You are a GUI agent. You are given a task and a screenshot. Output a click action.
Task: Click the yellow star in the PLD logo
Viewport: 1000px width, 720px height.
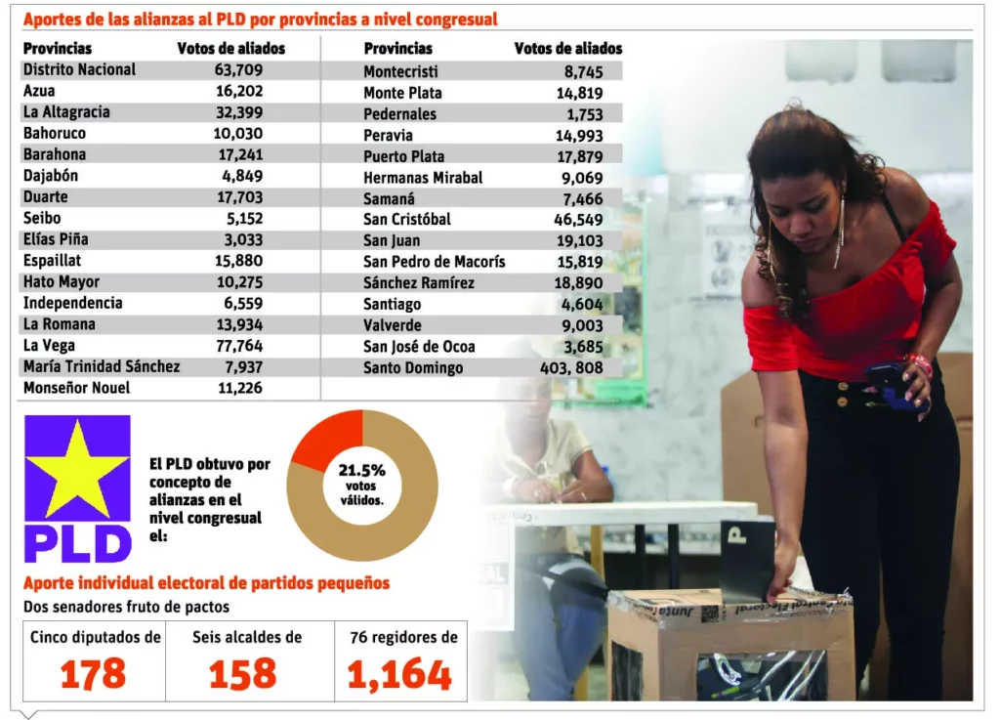tap(77, 468)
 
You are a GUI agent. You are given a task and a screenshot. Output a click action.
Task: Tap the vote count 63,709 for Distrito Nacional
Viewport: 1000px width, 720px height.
tap(238, 69)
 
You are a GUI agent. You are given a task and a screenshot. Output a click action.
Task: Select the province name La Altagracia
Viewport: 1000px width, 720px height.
tap(66, 112)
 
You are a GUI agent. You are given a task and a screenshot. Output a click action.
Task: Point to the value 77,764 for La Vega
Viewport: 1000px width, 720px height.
tap(238, 346)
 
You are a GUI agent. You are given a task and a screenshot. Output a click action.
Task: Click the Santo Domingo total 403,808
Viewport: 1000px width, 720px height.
tap(571, 368)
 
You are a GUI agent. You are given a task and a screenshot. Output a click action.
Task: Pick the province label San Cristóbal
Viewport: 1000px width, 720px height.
tap(407, 220)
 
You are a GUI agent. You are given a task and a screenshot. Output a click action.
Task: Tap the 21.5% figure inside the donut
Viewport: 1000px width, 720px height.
tap(362, 470)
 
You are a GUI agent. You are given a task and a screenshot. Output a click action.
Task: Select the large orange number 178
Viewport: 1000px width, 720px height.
tap(94, 674)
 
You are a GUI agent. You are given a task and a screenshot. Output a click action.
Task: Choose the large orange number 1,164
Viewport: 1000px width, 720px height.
tap(399, 674)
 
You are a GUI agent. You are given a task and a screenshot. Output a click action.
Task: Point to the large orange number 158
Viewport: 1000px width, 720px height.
tap(243, 674)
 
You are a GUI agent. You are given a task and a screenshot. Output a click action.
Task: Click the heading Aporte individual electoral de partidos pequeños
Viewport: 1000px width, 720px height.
tap(206, 583)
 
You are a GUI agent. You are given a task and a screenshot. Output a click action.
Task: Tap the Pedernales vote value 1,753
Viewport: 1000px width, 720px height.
tap(583, 114)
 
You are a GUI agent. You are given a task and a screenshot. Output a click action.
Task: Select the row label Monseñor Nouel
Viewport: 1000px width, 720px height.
tap(76, 389)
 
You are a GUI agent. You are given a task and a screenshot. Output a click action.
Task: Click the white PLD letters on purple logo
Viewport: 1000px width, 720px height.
tap(77, 542)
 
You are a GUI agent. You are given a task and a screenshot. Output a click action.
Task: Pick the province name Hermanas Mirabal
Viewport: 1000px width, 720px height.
tap(423, 178)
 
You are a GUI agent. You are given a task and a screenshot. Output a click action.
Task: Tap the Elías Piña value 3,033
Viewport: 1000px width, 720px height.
tap(242, 239)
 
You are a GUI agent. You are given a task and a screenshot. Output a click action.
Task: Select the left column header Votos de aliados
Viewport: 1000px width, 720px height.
tap(230, 49)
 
